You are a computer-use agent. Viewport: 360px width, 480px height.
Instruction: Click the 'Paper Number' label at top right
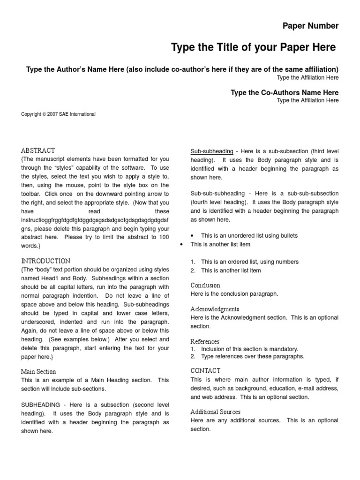[x=310, y=26]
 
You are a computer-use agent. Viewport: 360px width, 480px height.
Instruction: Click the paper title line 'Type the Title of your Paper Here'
[x=253, y=47]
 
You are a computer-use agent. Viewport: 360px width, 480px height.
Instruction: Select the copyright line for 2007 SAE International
[x=59, y=114]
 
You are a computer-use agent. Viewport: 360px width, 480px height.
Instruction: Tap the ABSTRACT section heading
[x=38, y=150]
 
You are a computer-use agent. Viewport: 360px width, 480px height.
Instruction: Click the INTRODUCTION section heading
[x=46, y=261]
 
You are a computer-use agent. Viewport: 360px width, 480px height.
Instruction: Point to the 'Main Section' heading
[x=39, y=371]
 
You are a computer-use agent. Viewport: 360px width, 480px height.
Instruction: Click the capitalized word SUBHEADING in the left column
[x=40, y=405]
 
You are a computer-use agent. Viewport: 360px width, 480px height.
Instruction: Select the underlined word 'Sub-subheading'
[x=212, y=151]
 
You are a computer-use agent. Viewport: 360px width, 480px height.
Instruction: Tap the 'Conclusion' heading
[x=205, y=285]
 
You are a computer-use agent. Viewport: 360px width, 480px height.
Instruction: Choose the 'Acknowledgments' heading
[x=215, y=309]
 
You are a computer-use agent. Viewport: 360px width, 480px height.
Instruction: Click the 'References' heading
[x=205, y=341]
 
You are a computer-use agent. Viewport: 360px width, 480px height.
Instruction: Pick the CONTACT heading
[x=205, y=371]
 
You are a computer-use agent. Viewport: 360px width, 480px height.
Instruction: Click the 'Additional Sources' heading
[x=215, y=412]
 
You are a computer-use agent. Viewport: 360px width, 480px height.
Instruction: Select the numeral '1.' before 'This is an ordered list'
[x=193, y=262]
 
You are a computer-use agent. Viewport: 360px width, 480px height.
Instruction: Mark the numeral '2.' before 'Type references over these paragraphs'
[x=193, y=356]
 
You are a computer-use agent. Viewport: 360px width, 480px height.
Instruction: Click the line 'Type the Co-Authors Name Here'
[x=284, y=92]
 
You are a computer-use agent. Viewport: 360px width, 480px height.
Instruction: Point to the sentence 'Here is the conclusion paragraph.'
[x=234, y=294]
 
